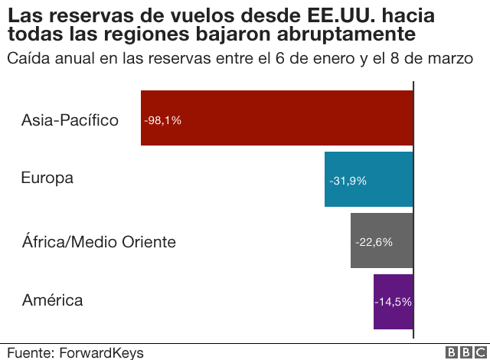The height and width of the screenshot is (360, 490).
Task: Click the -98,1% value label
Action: coord(162,120)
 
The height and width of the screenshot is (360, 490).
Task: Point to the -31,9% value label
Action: coord(348,182)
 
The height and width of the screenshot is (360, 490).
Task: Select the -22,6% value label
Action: coord(374,242)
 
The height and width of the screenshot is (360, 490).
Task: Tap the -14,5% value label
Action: coord(393,302)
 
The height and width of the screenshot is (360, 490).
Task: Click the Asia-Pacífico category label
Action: coord(70,120)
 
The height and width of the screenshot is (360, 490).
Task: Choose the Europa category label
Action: coord(47,178)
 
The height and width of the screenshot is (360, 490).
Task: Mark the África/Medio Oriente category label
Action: coord(99,242)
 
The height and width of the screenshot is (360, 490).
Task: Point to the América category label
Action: coord(52,299)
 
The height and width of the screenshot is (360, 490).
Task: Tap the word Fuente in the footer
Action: coord(29,352)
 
